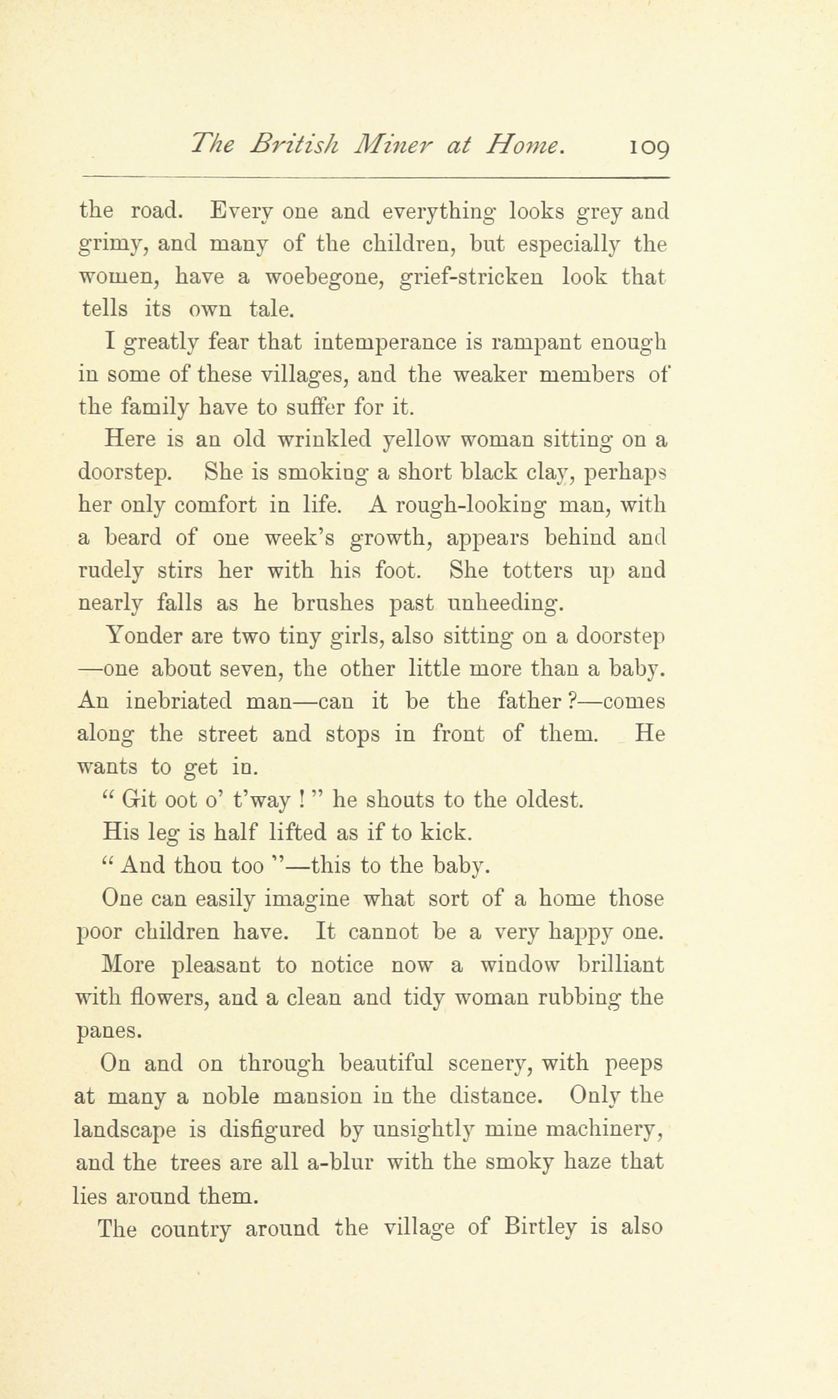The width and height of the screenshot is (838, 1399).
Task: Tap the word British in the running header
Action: coord(293,144)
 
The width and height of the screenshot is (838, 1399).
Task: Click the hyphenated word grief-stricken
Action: coord(471,276)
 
